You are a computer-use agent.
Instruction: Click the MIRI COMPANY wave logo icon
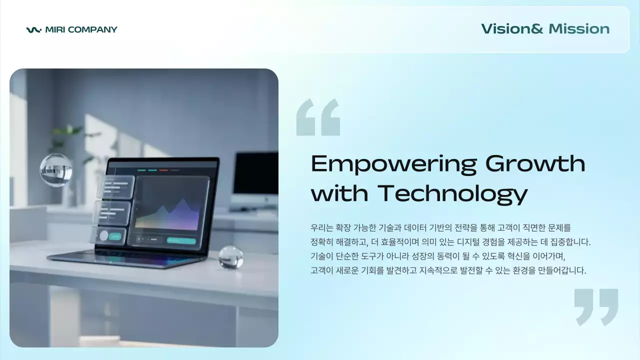click(x=33, y=30)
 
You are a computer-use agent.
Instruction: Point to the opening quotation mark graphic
click(x=318, y=117)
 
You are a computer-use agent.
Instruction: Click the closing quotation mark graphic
click(x=596, y=306)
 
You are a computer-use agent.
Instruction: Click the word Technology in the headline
click(x=452, y=194)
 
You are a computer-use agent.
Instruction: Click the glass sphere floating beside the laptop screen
click(x=56, y=169)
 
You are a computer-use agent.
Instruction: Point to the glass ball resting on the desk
click(x=231, y=257)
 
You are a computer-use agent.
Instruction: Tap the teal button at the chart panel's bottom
click(x=181, y=240)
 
